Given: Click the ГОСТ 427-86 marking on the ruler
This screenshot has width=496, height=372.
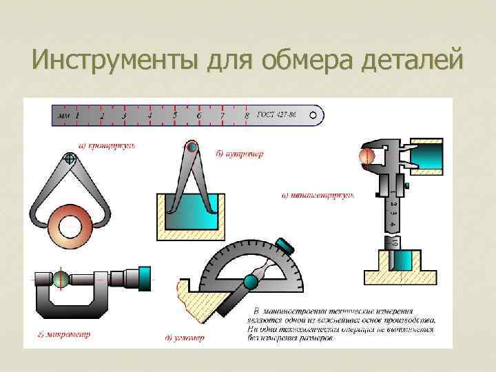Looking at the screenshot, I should pos(279,115).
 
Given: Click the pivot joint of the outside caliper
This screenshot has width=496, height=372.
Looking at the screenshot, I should pos(69,159).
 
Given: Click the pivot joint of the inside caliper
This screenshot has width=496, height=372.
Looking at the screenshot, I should pos(192,147).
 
